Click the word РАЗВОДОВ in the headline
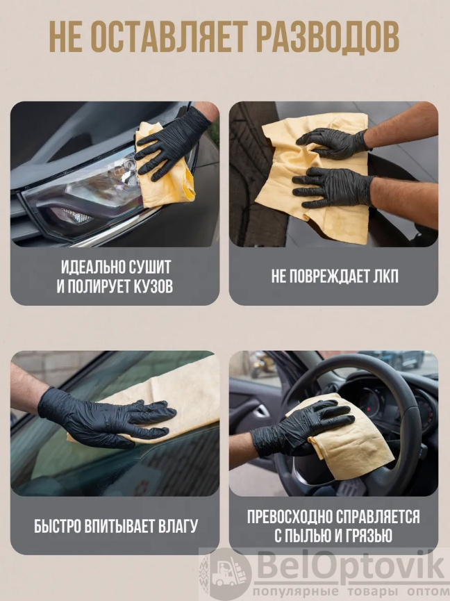(328, 37)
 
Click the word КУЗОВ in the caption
(151, 286)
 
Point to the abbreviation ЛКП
(386, 277)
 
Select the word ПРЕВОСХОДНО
(289, 517)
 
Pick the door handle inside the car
(261, 411)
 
